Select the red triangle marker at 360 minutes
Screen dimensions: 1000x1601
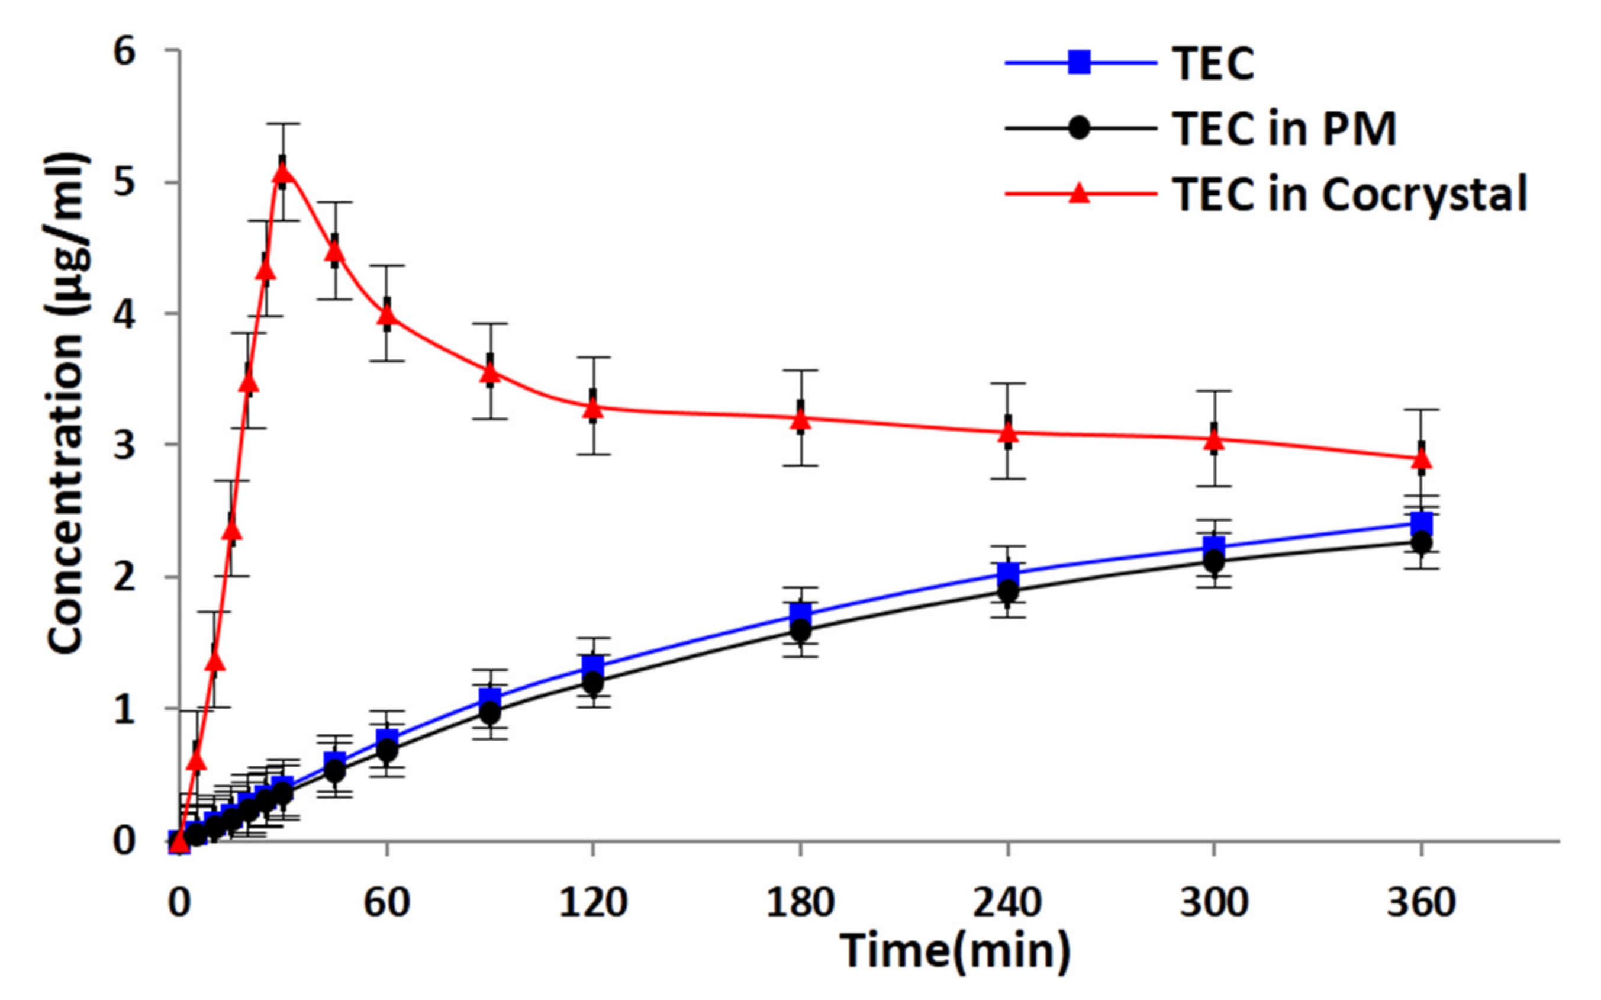pyautogui.click(x=1421, y=459)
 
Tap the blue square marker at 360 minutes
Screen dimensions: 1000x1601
pyautogui.click(x=1421, y=523)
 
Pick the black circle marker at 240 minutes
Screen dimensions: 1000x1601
pyautogui.click(x=1007, y=591)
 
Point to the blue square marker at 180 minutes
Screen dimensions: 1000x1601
pyautogui.click(x=800, y=612)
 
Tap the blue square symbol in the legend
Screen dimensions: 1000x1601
pyautogui.click(x=1079, y=63)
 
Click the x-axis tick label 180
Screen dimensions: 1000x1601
pyautogui.click(x=800, y=902)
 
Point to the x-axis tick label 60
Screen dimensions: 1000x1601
pyautogui.click(x=386, y=902)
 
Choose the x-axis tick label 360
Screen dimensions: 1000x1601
pyautogui.click(x=1421, y=902)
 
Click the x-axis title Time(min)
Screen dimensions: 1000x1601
pyautogui.click(x=955, y=951)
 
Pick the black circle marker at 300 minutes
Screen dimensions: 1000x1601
pyautogui.click(x=1214, y=562)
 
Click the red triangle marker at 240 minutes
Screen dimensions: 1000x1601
pyautogui.click(x=1007, y=433)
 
